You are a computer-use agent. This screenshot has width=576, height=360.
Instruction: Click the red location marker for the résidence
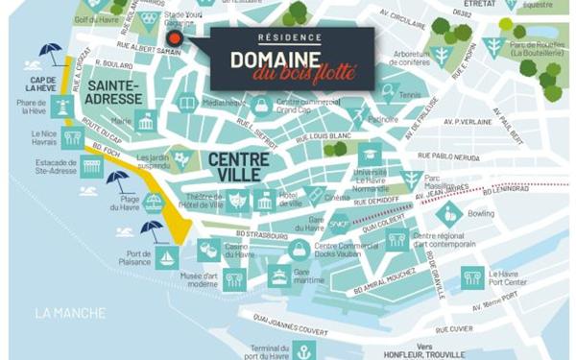(x=174, y=38)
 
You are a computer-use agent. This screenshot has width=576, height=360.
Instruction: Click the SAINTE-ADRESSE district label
(x=113, y=92)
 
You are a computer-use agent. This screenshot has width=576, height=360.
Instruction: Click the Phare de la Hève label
(x=33, y=108)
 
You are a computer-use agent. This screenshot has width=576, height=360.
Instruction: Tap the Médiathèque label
(x=224, y=102)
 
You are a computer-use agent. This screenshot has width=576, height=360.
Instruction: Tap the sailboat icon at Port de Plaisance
(x=166, y=258)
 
